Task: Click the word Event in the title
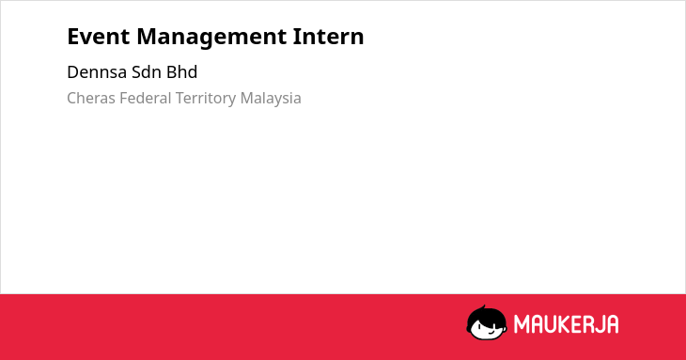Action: (x=99, y=37)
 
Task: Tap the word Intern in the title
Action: (x=328, y=37)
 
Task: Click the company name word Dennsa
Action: (x=97, y=72)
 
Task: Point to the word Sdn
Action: (x=147, y=72)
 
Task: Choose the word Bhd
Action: (x=182, y=72)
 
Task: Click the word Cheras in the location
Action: (x=91, y=99)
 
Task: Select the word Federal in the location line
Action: (x=146, y=99)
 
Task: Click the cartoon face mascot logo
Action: (x=487, y=322)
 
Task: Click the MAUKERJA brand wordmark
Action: (x=566, y=324)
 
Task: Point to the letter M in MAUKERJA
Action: (x=522, y=324)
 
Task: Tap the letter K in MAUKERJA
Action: (x=564, y=324)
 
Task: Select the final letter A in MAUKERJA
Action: (x=612, y=324)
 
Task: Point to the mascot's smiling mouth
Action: (x=491, y=332)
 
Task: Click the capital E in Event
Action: (x=73, y=37)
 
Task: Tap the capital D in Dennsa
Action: (x=73, y=72)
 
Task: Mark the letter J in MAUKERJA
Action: (x=597, y=324)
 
